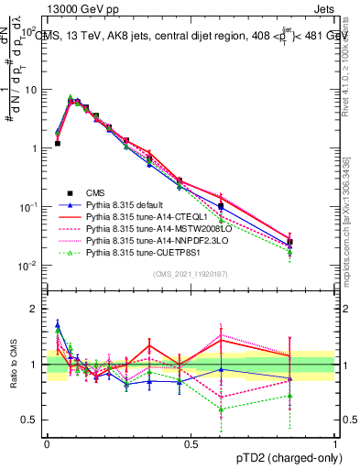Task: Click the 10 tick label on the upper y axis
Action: click(29, 90)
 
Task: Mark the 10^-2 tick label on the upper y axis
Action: click(27, 266)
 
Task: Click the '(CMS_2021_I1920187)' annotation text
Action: click(191, 274)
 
